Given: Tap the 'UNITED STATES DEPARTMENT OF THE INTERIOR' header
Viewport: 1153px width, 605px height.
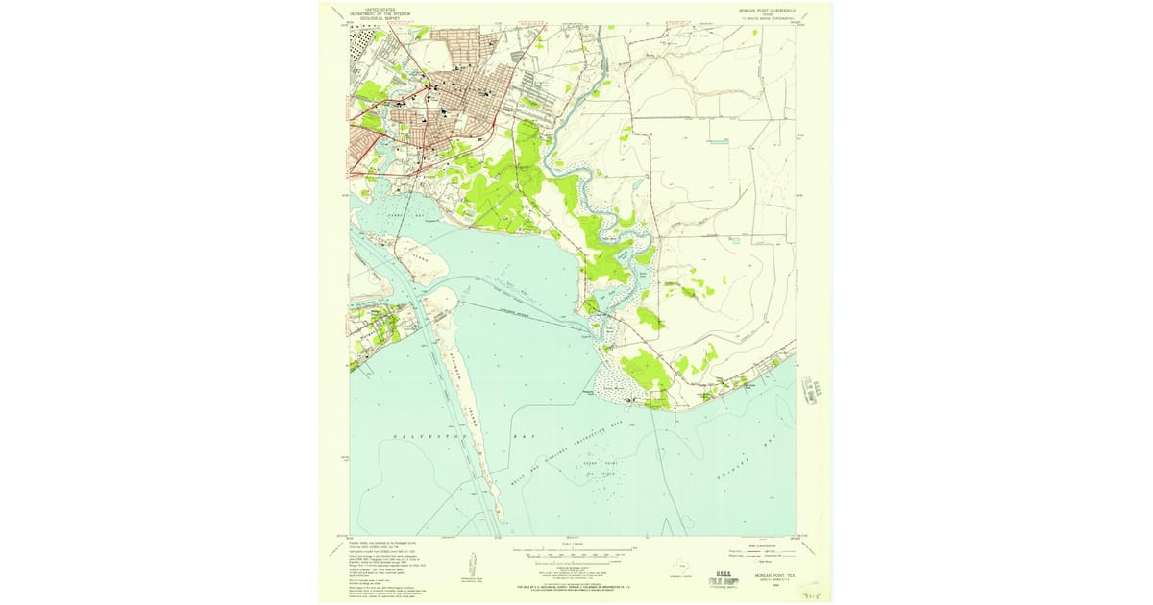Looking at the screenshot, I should (x=380, y=12).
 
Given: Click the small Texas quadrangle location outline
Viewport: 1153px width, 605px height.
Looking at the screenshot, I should (x=677, y=566).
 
